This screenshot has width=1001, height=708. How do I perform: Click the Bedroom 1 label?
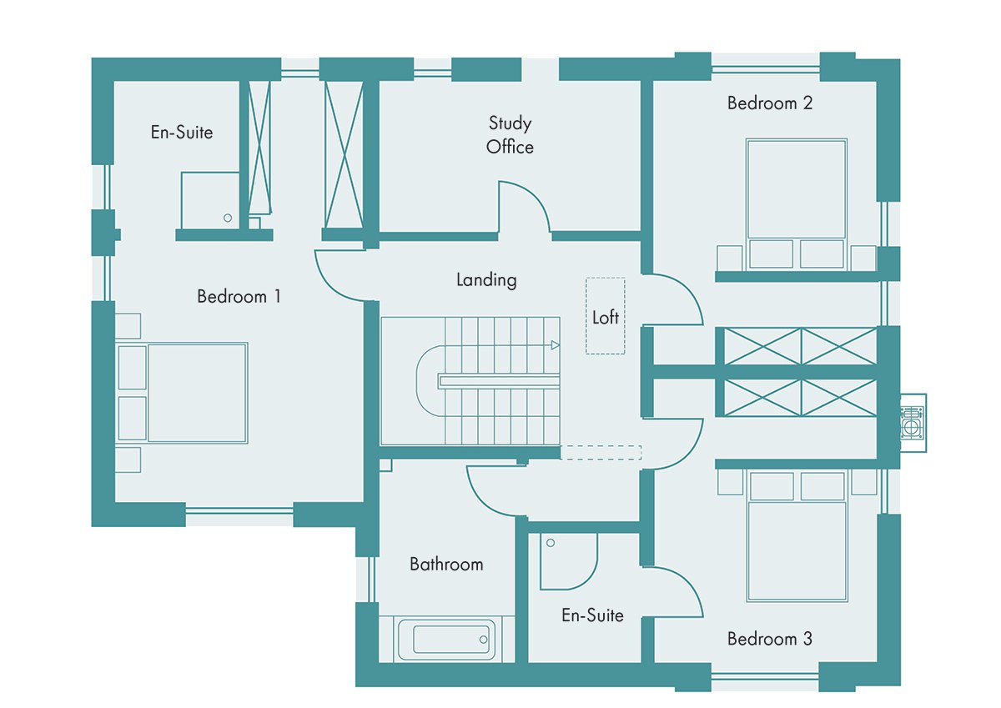239,297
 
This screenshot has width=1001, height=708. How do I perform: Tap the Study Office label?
510,135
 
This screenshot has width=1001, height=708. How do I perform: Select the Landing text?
486,280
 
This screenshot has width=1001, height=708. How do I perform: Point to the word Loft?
606,317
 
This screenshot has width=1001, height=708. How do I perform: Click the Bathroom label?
446,565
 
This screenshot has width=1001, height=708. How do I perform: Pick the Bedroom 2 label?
769,103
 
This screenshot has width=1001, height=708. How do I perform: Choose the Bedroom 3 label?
769,639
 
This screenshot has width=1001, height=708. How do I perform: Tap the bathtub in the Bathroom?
447,640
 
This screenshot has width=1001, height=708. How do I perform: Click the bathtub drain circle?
483,640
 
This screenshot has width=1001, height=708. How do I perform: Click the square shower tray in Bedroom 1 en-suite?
210,201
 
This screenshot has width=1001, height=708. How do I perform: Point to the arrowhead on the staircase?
555,345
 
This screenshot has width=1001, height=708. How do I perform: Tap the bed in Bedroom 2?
797,204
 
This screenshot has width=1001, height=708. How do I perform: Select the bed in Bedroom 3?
797,536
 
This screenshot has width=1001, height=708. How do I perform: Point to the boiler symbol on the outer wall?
913,423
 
